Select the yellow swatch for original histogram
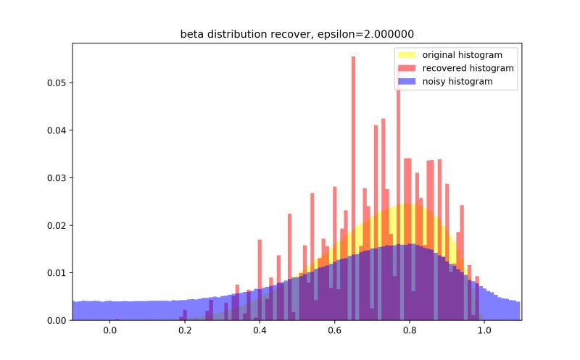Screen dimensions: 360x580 (405, 54)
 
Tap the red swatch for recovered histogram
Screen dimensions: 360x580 (405, 68)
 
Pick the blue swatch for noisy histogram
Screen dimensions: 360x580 (405, 82)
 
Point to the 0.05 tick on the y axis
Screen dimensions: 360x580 (56, 83)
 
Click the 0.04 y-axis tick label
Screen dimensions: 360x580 (56, 130)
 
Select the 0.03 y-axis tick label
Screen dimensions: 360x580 (56, 177)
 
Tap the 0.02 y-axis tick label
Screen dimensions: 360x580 (56, 225)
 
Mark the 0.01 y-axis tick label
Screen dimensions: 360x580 (56, 273)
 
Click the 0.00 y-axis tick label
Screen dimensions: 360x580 (56, 320)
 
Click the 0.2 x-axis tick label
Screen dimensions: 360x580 (185, 331)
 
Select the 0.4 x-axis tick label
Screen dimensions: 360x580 (260, 331)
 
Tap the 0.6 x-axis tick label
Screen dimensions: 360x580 (334, 331)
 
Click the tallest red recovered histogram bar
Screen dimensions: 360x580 (353, 145)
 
